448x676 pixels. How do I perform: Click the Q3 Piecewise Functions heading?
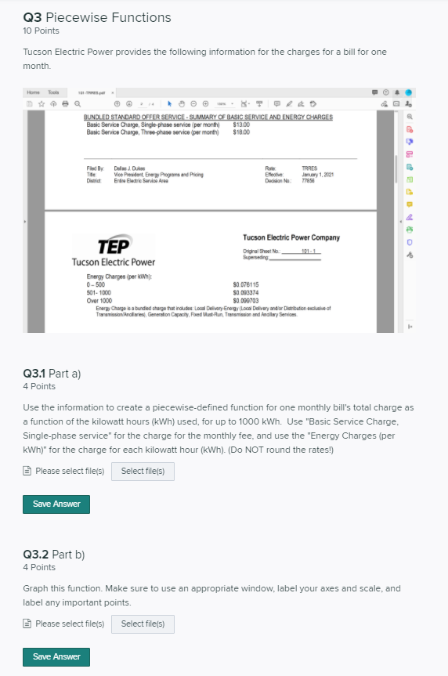(x=97, y=17)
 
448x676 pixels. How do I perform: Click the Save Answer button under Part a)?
(x=56, y=504)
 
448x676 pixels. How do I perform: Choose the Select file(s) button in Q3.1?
(x=143, y=472)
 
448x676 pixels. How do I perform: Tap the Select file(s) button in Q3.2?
(x=143, y=624)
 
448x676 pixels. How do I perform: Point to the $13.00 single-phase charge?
(x=242, y=124)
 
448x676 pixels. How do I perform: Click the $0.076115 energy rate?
(x=246, y=284)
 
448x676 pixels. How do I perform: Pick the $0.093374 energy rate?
(x=246, y=291)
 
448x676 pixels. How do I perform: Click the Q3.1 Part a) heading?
(x=52, y=374)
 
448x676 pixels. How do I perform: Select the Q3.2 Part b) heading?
(x=53, y=555)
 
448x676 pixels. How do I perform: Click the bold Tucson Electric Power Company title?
(x=291, y=237)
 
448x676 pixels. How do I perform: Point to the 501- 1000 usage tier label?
(x=99, y=291)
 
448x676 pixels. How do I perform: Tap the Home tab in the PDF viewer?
(x=33, y=92)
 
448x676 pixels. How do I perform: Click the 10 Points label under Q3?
(x=41, y=31)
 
